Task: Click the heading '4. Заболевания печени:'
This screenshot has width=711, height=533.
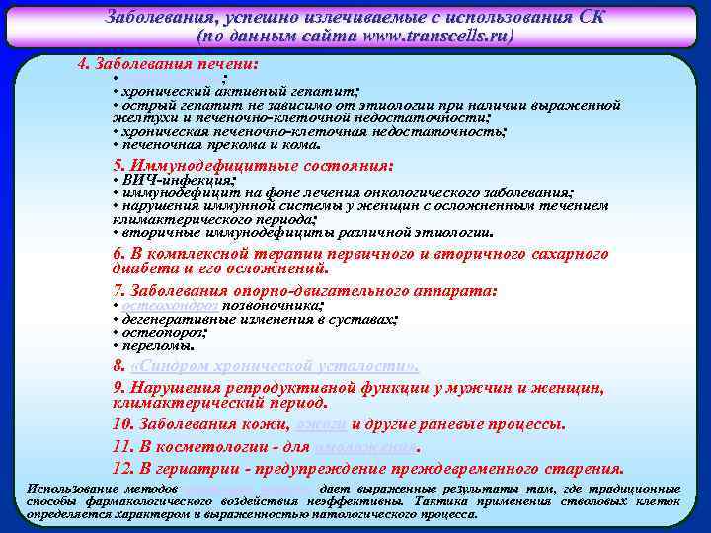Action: tap(168, 63)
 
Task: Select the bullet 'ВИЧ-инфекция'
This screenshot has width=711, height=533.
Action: tap(178, 181)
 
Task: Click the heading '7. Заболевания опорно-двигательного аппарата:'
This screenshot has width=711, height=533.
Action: tap(306, 291)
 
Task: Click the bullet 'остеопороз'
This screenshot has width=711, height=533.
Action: tap(163, 334)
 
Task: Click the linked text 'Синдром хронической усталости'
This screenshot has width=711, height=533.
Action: tap(274, 365)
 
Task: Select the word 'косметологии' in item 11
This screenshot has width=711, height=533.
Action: tap(197, 445)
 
